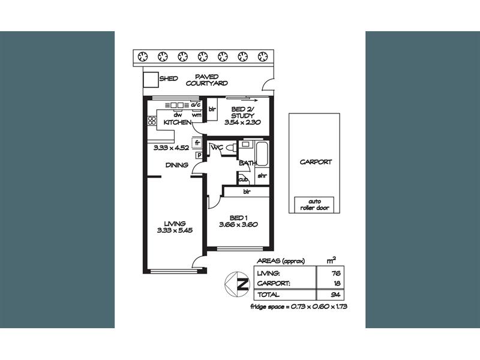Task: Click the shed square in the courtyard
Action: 151,80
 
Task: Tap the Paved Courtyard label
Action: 207,80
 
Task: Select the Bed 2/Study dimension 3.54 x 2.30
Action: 242,122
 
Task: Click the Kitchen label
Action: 178,122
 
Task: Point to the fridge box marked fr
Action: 197,143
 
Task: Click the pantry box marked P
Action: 199,155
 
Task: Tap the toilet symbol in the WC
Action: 232,148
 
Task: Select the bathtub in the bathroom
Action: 262,154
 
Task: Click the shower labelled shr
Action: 262,176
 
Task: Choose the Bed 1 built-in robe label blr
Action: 247,191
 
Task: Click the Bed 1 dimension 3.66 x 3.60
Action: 238,224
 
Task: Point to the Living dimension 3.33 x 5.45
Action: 175,230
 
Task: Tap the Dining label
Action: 176,165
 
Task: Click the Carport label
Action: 316,162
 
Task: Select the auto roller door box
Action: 314,205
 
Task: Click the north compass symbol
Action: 238,284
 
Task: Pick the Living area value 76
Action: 336,274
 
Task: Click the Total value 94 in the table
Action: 336,295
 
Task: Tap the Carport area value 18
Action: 337,283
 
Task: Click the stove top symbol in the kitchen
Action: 152,121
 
